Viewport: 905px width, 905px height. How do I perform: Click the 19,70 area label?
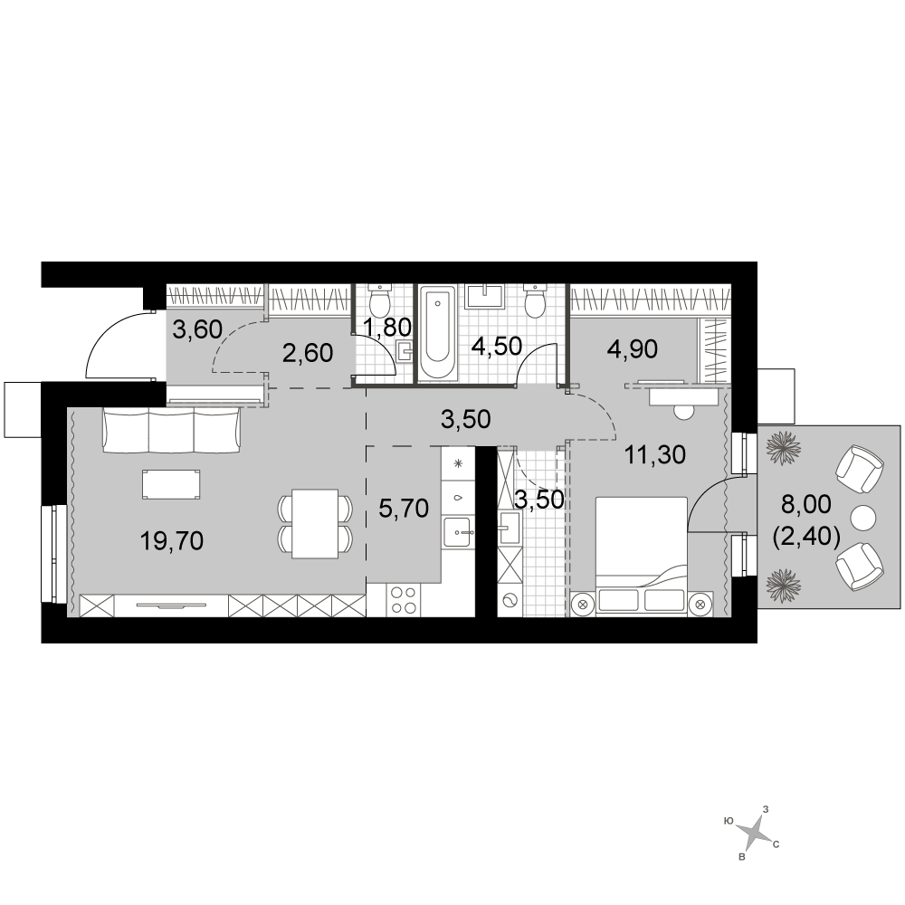click(x=172, y=541)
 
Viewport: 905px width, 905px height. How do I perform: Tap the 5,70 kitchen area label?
click(x=404, y=509)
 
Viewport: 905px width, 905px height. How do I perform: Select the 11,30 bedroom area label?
click(x=655, y=455)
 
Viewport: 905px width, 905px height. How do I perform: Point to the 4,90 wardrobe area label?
click(x=633, y=349)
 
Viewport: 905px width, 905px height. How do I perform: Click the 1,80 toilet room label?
click(x=387, y=328)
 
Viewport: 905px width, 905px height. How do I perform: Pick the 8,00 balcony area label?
click(x=806, y=504)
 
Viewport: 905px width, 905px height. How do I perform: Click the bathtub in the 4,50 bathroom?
click(x=438, y=334)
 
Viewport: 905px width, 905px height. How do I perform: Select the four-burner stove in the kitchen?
click(x=403, y=600)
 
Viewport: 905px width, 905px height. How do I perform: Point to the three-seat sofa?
click(x=171, y=429)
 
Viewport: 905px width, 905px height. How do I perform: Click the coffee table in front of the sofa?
click(x=172, y=483)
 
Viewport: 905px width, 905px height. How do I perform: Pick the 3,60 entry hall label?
click(x=197, y=330)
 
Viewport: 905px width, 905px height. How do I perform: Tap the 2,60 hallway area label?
click(x=308, y=353)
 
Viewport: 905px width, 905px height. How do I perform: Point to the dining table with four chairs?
click(x=315, y=524)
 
